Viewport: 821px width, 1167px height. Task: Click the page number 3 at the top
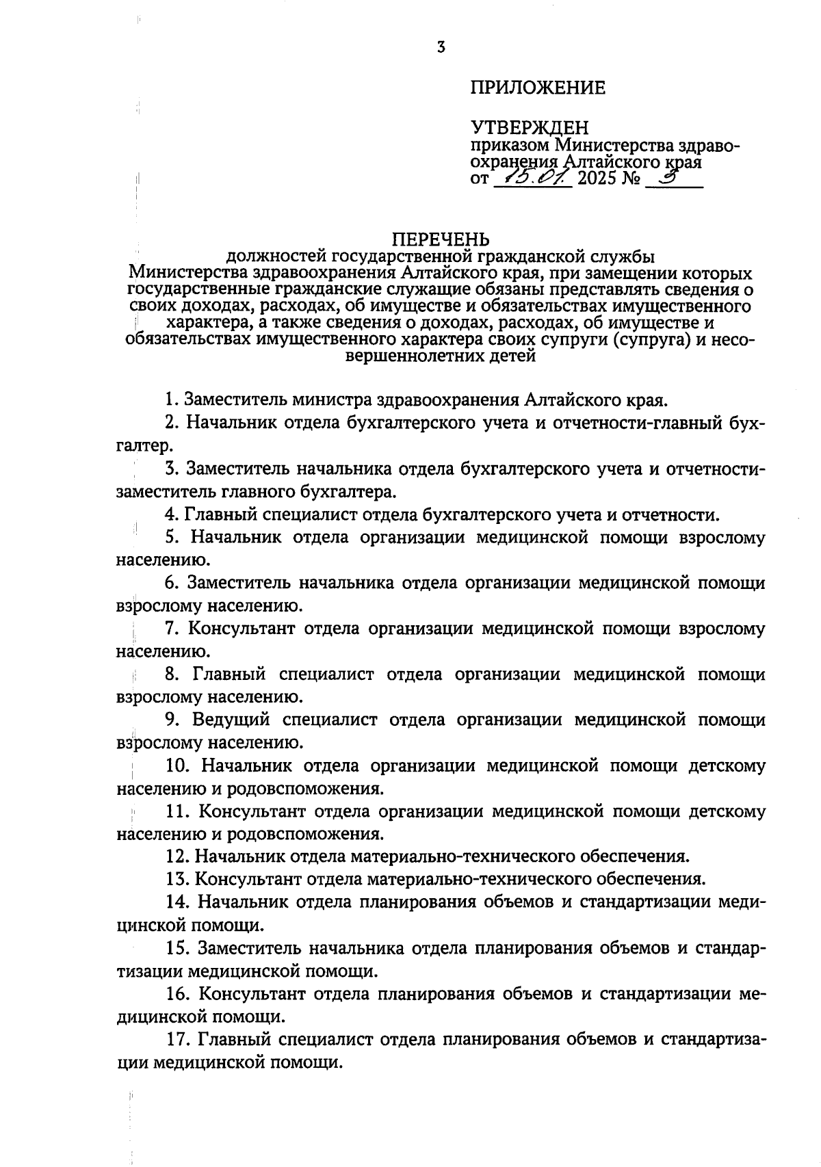point(441,47)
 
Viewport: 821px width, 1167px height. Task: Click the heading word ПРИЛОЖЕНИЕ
point(538,88)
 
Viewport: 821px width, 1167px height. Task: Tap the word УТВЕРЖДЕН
point(530,127)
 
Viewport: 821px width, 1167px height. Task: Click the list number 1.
point(171,399)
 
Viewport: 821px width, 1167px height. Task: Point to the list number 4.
point(171,514)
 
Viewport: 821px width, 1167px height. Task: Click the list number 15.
point(176,948)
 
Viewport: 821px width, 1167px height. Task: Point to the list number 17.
point(176,1040)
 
